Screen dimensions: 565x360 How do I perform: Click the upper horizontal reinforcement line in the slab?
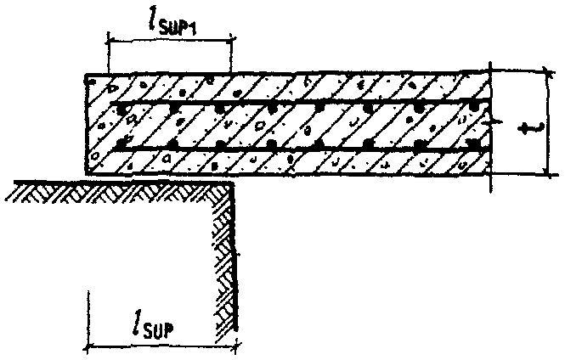coord(297,106)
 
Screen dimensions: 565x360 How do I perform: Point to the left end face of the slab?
coord(85,127)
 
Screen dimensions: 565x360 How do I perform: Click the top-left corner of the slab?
coord(85,75)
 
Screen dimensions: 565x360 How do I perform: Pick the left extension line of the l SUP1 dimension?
coord(108,55)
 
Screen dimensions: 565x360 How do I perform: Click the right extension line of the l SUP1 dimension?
coord(230,55)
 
